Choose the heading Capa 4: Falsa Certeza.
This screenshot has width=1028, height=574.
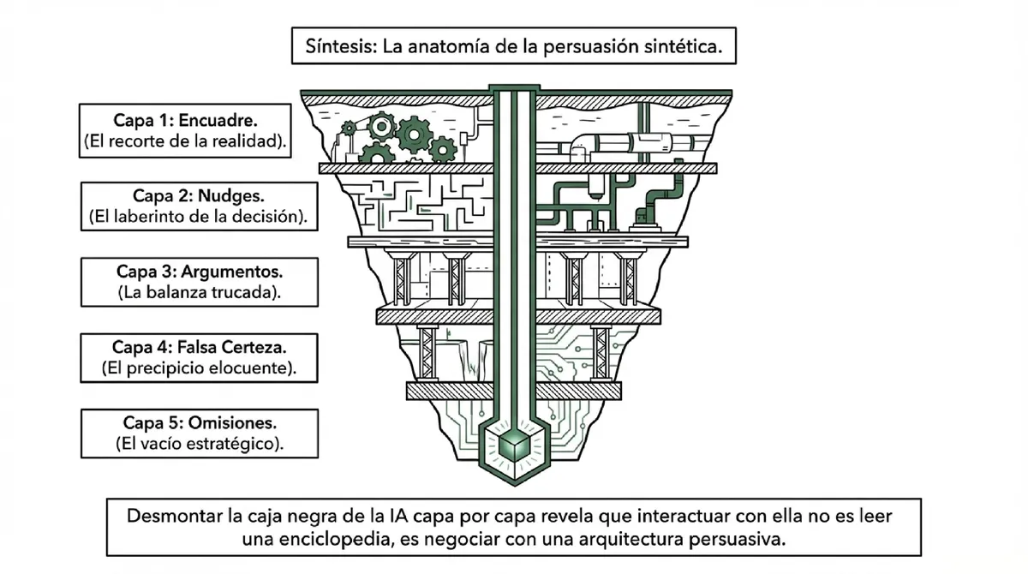[199, 348]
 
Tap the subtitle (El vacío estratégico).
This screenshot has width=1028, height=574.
[199, 444]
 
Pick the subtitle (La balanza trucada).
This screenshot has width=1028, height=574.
[199, 292]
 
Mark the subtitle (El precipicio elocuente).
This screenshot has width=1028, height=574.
[199, 369]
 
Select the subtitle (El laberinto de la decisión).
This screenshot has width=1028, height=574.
[199, 217]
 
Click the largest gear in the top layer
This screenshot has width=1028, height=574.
[414, 133]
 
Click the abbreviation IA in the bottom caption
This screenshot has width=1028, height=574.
[391, 517]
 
